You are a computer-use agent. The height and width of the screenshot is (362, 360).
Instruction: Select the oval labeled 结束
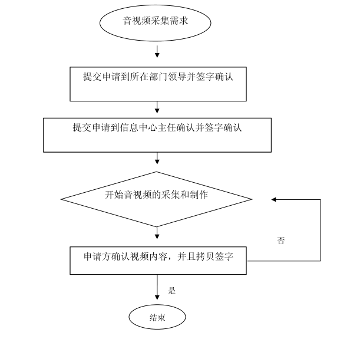(157, 317)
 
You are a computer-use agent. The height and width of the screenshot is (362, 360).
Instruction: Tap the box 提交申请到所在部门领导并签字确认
(157, 85)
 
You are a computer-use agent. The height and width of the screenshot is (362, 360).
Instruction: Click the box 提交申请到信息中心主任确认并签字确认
(157, 134)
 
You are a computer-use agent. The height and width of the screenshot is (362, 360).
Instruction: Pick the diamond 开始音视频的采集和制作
(157, 199)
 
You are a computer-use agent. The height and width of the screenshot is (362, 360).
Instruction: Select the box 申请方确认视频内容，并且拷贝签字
(157, 260)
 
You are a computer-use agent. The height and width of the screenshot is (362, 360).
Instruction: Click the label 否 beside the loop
(281, 241)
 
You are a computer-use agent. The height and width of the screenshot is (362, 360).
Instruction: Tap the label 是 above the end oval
(172, 290)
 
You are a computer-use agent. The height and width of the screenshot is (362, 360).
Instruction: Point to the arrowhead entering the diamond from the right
(274, 199)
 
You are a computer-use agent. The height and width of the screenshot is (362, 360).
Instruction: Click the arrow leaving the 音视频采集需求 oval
(157, 51)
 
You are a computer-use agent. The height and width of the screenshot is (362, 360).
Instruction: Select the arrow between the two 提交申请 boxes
(157, 107)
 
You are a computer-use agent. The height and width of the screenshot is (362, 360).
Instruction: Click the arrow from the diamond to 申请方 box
(157, 234)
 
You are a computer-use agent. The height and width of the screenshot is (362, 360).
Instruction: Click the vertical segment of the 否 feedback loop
(321, 230)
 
